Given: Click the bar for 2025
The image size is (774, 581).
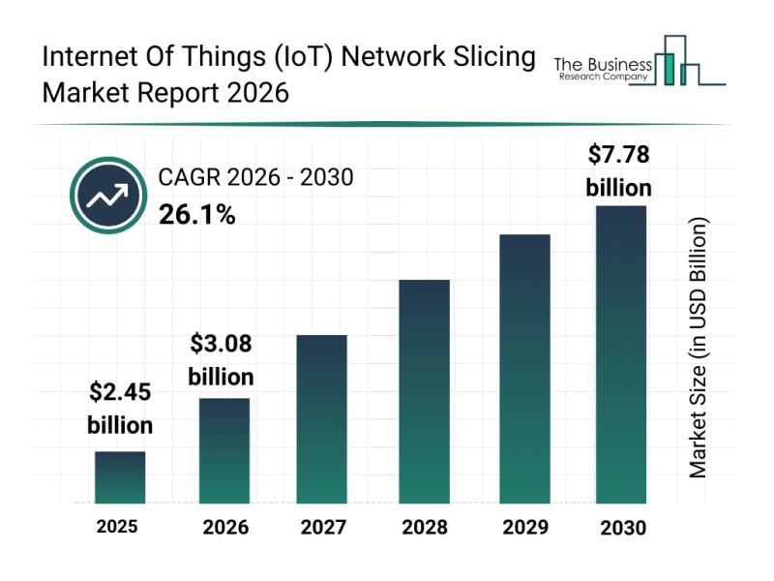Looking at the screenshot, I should tap(120, 477).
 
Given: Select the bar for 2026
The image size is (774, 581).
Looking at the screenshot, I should tap(224, 450).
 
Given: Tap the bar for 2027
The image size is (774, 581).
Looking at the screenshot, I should tap(322, 418).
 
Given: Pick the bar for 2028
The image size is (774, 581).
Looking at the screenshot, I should tap(424, 391).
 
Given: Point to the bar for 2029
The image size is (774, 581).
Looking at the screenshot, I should tap(524, 369).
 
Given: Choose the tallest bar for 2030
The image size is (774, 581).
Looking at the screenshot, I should tap(620, 354).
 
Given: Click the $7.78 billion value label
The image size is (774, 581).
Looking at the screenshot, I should tap(619, 170).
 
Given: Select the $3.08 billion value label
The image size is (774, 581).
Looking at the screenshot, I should tap(221, 359).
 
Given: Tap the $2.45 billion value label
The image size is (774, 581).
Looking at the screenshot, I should tap(120, 408).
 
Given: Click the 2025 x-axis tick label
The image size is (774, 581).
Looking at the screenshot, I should tap(117, 527).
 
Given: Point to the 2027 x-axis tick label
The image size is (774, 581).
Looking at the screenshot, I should tap(322, 528).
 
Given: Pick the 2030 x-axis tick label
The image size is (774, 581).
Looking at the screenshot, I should tap(621, 528).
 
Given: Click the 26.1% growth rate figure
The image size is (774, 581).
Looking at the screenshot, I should tap(196, 215).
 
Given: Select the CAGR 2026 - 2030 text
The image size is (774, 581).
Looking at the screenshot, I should tap(255, 177).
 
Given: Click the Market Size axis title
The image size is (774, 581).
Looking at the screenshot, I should tap(699, 347).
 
